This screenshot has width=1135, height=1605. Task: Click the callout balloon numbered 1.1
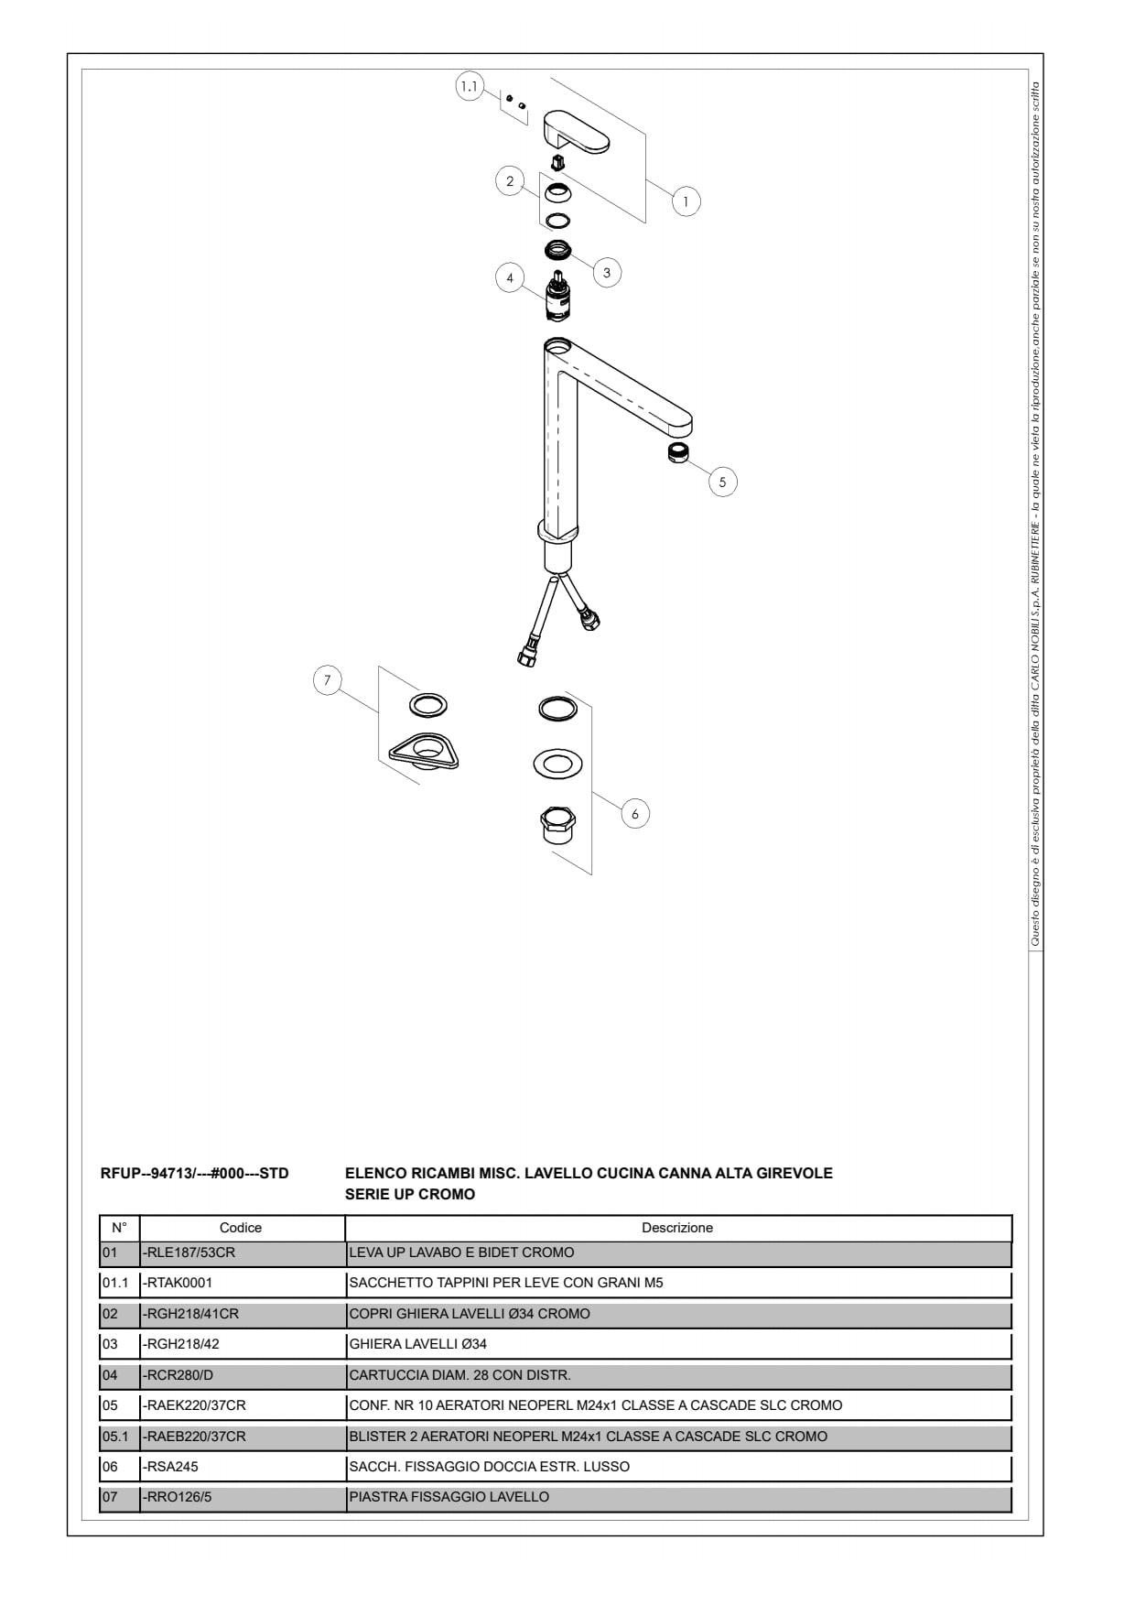point(469,87)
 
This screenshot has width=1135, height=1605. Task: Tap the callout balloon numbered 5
point(722,482)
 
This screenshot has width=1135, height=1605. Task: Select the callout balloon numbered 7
point(327,680)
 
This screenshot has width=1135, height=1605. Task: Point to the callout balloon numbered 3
point(606,273)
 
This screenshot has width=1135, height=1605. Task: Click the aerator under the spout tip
point(677,451)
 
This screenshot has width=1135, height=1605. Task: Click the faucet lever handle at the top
point(575,132)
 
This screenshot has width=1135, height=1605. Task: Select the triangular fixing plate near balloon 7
point(423,751)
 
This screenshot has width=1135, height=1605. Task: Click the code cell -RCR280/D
point(243,1375)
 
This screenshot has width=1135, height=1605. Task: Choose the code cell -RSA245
point(243,1467)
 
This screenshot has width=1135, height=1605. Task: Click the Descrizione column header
point(677,1228)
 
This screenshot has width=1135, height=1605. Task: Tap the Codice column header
point(241,1228)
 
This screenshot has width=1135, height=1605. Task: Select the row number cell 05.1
point(119,1437)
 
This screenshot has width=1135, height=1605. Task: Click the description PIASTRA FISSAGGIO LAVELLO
point(449,1497)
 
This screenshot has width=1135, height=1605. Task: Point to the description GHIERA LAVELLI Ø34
point(418,1344)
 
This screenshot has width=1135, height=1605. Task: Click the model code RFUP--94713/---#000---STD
point(194,1173)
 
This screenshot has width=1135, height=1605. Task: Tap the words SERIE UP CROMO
point(410,1194)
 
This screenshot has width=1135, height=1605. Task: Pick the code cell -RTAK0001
point(243,1283)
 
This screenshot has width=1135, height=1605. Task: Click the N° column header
point(119,1228)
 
